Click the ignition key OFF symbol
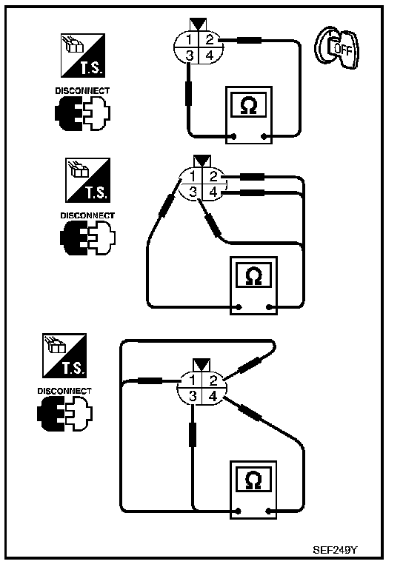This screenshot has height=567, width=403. (x=337, y=47)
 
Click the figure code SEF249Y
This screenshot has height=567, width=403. (x=335, y=550)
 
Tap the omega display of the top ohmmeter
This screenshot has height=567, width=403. (x=249, y=104)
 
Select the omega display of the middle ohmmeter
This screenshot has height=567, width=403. (x=253, y=275)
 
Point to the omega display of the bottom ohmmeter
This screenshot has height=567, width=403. (x=253, y=480)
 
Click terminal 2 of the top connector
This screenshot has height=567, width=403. (x=210, y=39)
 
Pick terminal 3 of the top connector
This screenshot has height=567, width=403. (x=189, y=56)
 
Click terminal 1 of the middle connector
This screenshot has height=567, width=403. (x=193, y=176)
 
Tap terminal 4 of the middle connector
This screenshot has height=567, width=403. (x=213, y=192)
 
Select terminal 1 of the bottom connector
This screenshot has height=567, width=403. (x=192, y=380)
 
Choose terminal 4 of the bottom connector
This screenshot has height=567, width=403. (x=213, y=396)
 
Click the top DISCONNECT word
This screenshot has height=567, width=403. (x=82, y=91)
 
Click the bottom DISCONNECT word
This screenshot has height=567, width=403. (x=64, y=391)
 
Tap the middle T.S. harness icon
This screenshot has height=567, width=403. (x=88, y=180)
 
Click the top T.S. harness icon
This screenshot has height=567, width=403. (x=83, y=56)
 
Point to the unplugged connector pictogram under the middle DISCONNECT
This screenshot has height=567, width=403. (x=87, y=238)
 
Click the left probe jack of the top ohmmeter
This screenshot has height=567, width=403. (x=233, y=136)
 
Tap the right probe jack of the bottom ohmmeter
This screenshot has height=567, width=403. (x=269, y=511)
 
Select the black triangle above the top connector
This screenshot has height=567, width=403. (x=199, y=24)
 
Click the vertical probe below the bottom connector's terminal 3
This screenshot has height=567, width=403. (x=193, y=435)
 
